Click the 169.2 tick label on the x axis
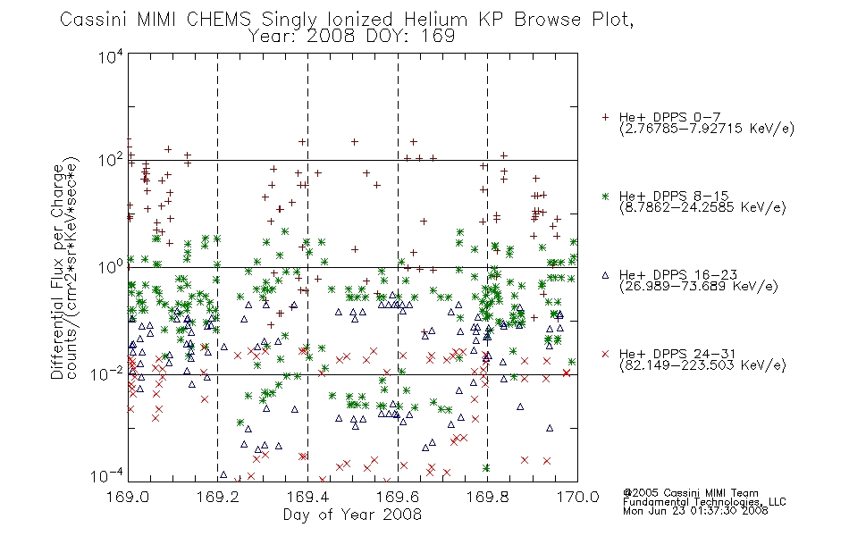pos(218,497)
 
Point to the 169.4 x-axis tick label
pos(307,497)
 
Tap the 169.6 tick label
pos(398,497)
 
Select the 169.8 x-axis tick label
pos(488,497)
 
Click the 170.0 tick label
pos(577,497)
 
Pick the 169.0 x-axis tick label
pos(128,497)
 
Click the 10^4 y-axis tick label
pos(111,56)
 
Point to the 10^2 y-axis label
pos(111,160)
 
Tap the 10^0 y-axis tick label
pos(111,267)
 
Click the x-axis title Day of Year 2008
pos(352,514)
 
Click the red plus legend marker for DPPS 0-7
pos(605,117)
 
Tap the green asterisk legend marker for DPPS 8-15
pos(605,196)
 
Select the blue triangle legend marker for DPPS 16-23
pos(605,275)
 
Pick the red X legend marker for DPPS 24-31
pos(605,354)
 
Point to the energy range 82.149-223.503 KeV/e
pos(702,365)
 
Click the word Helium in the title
pos(435,19)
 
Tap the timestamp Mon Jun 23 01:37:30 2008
pos(695,510)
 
